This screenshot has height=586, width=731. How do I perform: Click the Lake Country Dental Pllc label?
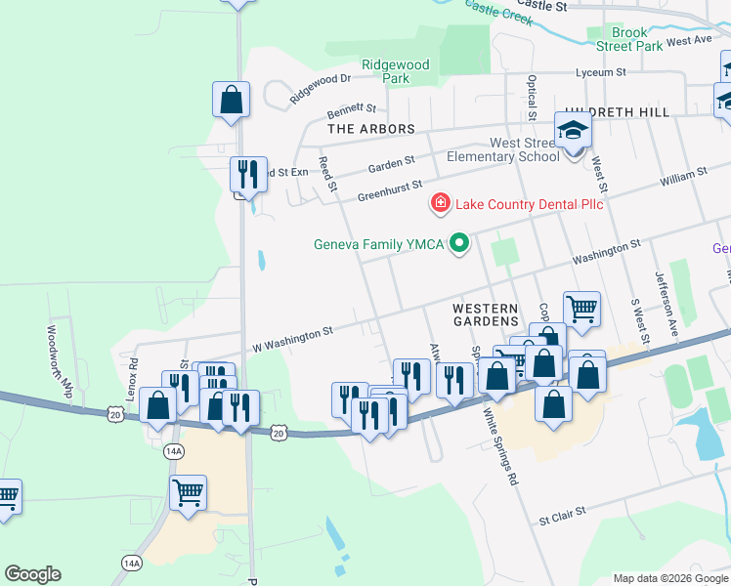(x=529, y=204)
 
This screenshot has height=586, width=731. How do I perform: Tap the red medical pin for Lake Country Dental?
(x=441, y=203)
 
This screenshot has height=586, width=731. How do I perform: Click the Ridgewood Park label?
(x=395, y=70)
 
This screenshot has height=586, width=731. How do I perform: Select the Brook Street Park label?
(x=629, y=39)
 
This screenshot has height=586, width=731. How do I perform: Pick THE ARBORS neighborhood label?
(x=371, y=128)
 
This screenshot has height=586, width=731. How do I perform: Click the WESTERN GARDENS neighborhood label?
(x=485, y=314)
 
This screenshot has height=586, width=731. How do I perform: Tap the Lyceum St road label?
(x=601, y=72)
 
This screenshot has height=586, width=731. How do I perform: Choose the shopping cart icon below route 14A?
(x=188, y=492)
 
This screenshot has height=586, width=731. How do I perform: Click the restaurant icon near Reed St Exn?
(x=249, y=176)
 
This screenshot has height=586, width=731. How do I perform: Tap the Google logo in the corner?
(x=32, y=573)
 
